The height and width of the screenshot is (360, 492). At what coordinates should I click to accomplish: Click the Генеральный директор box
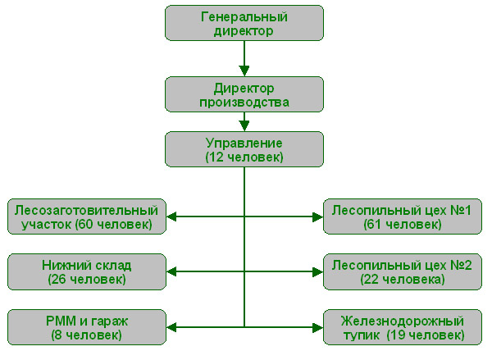click(x=244, y=24)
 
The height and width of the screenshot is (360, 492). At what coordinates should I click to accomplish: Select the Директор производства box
click(x=244, y=94)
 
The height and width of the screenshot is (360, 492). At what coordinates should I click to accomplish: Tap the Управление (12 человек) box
click(x=244, y=148)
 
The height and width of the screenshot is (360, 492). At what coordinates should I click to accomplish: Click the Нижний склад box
click(x=85, y=271)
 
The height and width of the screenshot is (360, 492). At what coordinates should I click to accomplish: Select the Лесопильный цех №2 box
click(x=402, y=271)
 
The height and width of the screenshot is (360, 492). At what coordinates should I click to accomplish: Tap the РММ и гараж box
click(x=85, y=326)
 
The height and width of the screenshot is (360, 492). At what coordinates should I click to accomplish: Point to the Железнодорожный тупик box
click(x=402, y=326)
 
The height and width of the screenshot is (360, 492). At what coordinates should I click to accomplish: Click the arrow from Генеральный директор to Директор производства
click(x=244, y=58)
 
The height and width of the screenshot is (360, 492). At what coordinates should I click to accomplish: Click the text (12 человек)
click(x=244, y=156)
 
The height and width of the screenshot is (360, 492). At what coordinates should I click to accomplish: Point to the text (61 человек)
click(x=402, y=223)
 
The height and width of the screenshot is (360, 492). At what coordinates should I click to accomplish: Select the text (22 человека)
click(x=402, y=279)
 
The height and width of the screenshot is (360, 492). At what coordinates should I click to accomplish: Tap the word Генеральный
click(x=244, y=16)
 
